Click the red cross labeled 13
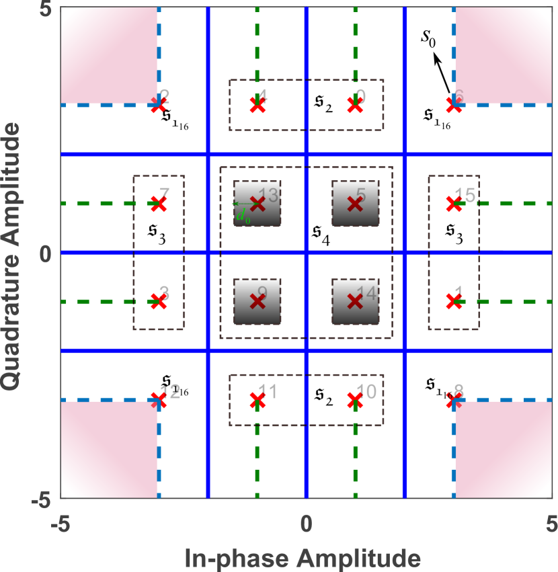(257, 203)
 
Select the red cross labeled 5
(355, 203)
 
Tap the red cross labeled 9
(257, 301)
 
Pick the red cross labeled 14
(355, 301)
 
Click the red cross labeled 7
(159, 203)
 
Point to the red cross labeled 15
(454, 203)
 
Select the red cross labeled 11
(257, 401)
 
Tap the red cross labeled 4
(257, 104)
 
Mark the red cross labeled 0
(355, 104)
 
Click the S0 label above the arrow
(429, 40)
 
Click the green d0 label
(240, 215)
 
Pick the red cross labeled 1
(454, 301)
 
